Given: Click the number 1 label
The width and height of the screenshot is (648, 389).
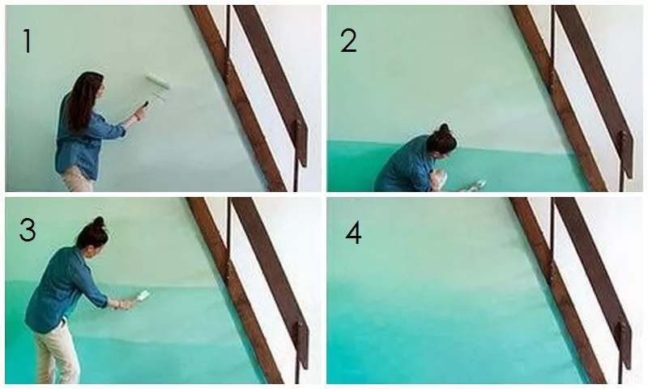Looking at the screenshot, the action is pos(28,41).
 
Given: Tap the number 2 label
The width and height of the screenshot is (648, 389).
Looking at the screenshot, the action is pos(348,41).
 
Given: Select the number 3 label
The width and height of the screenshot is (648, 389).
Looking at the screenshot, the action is pos(28,230).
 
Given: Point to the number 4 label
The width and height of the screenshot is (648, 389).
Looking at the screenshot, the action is pos(353,233).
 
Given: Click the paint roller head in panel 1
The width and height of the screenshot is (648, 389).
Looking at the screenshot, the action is pos(157,81).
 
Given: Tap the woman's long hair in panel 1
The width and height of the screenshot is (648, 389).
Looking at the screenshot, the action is pos(83,99).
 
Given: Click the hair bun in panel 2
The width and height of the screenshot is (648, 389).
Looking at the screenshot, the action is pos(444,128).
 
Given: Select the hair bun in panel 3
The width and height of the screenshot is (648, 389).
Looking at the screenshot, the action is pos(99,222).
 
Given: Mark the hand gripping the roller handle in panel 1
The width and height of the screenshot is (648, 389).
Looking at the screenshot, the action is pos(139,112).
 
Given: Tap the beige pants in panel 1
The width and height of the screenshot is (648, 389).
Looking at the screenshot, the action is pos(77,181).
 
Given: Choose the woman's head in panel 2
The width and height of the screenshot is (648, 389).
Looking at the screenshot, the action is pos(442,143).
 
